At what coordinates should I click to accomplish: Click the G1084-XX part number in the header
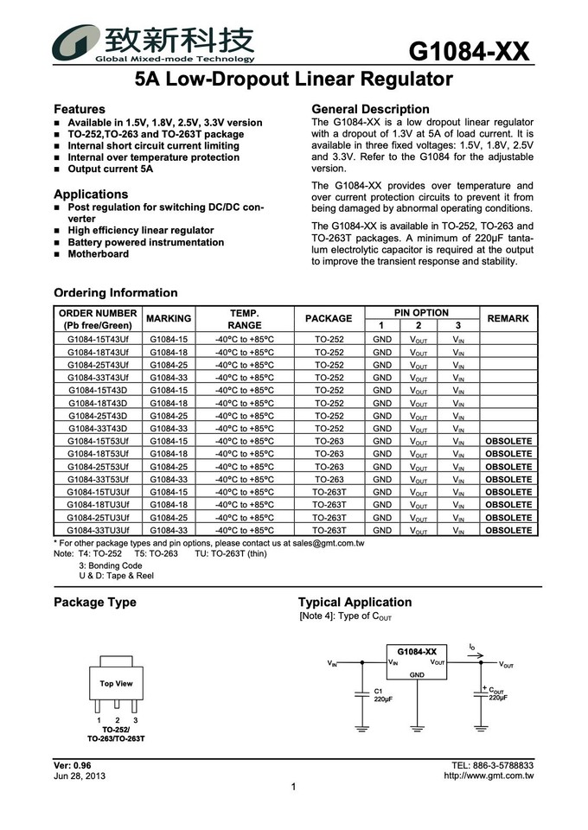[468, 52]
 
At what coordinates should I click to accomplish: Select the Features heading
[80, 110]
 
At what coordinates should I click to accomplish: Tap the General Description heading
[370, 109]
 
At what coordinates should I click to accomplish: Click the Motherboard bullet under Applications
[98, 254]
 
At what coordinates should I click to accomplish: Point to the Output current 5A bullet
[110, 169]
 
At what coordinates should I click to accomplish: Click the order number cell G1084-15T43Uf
[98, 340]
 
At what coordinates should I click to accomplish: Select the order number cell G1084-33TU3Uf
[98, 530]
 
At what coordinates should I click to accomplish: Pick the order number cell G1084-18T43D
[98, 403]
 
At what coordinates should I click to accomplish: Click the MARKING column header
[169, 319]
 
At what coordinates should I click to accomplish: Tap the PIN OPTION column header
[421, 313]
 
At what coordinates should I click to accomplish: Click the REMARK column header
[508, 319]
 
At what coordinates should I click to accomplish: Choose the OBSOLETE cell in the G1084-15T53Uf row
[508, 441]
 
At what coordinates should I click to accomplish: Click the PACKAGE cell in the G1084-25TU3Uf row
[329, 517]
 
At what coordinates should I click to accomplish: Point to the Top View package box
[116, 684]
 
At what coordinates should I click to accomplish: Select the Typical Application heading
[355, 603]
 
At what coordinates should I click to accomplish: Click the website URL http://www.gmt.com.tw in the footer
[489, 776]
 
